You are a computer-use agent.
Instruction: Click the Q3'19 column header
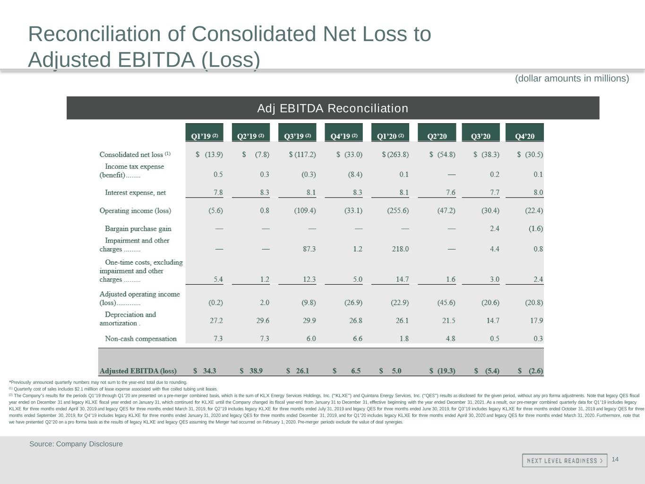click(x=297, y=136)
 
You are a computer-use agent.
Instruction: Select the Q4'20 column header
click(x=525, y=136)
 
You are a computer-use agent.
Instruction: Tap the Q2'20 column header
click(x=437, y=136)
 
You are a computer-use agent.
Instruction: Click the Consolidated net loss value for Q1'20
click(x=395, y=155)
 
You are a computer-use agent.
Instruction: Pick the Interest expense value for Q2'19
click(x=264, y=192)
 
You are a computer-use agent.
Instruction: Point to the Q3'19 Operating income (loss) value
click(x=305, y=210)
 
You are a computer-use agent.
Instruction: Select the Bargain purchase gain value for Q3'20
click(x=494, y=229)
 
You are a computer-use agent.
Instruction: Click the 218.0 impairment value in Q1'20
click(x=400, y=249)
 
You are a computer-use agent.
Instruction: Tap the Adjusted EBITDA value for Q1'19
click(x=209, y=371)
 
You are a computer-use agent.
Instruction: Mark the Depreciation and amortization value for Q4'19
click(x=355, y=320)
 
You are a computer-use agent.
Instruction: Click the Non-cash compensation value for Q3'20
click(x=494, y=338)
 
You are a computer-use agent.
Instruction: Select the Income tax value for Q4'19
click(x=355, y=174)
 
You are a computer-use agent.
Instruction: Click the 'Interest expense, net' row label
click(x=135, y=192)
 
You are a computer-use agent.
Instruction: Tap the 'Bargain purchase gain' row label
click(x=138, y=229)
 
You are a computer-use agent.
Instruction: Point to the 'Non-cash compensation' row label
click(x=140, y=338)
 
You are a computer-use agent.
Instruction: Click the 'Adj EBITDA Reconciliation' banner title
click(x=333, y=108)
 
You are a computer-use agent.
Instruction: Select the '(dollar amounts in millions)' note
click(x=572, y=78)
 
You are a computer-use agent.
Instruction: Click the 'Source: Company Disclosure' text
click(x=76, y=444)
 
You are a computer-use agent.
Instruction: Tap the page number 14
click(x=615, y=459)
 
